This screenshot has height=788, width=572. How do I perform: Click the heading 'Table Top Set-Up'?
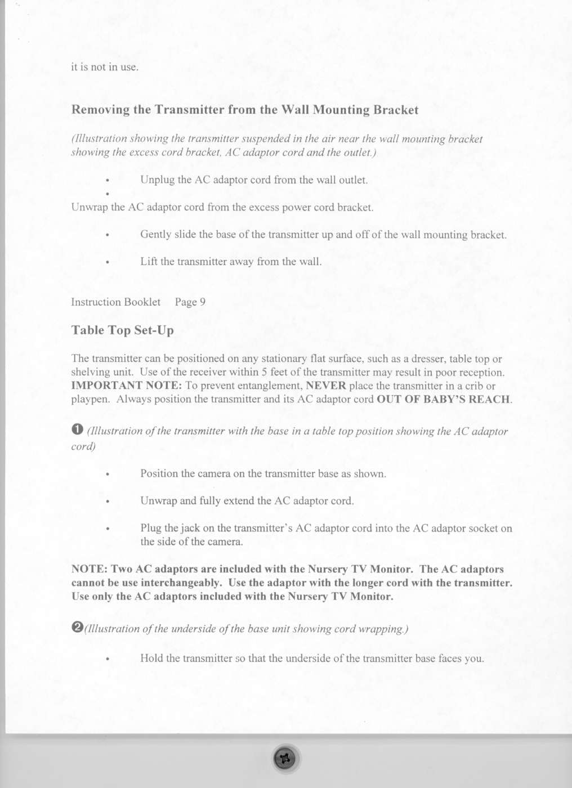click(122, 330)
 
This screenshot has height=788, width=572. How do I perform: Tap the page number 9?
click(203, 302)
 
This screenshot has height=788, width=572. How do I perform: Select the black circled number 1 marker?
click(78, 429)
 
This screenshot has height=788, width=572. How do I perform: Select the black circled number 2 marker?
click(78, 627)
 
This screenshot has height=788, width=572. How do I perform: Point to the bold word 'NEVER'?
click(326, 386)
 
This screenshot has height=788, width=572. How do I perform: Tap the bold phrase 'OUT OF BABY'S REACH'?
click(443, 400)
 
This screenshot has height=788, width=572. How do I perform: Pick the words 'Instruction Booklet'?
click(115, 302)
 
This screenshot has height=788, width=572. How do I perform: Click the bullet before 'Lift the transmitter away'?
click(107, 262)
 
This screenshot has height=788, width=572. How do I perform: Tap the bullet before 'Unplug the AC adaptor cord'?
click(107, 181)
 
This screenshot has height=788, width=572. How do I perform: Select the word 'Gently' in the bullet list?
click(155, 235)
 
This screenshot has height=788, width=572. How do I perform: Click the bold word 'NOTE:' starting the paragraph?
click(89, 569)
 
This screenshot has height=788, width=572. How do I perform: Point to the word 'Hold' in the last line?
click(151, 659)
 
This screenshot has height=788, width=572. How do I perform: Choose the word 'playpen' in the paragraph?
click(90, 400)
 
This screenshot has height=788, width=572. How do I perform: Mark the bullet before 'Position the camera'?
click(107, 474)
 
